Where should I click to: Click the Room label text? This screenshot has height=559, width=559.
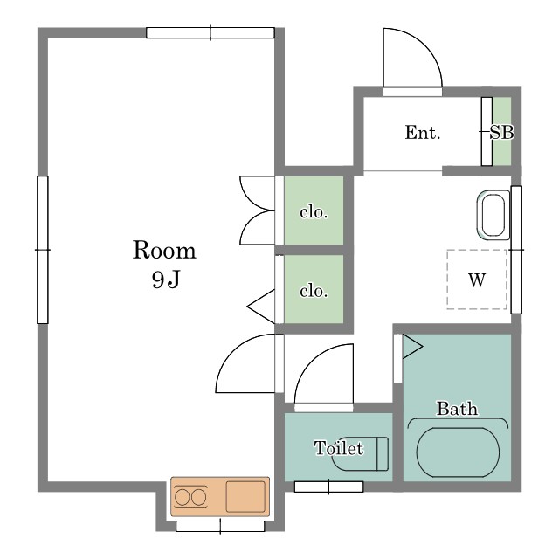coord(164,250)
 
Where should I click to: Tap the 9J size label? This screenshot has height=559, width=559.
coord(166,279)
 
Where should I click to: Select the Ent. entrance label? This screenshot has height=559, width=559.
coord(423,132)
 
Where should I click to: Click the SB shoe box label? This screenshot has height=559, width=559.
coord(502,132)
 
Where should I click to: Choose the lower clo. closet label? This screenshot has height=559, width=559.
coord(314,291)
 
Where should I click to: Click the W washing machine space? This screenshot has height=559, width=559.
coord(477,279)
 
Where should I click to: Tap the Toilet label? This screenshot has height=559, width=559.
coord(339,448)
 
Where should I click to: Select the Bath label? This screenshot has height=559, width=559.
coord(457,408)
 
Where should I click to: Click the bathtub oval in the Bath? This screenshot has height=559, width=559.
coord(458,452)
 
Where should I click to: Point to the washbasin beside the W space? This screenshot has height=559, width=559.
coord(493,215)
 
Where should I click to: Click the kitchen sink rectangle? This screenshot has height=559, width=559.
coord(245,497)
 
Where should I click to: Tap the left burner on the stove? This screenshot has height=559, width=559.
coord(183,497)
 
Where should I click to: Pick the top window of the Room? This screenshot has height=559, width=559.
coord(210,33)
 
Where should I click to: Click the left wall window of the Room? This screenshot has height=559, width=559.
coord(43,250)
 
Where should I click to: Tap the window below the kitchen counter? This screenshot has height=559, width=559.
coord(220,526)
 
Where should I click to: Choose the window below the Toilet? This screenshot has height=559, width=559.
coord(328,487)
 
